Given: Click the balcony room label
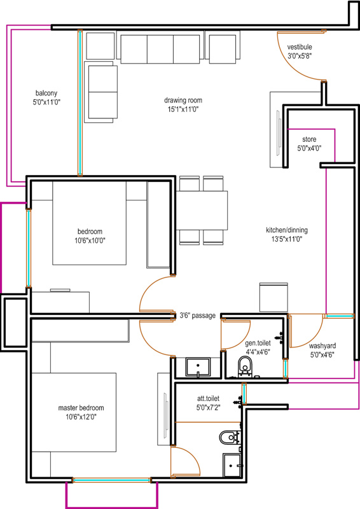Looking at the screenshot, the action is click(46, 93).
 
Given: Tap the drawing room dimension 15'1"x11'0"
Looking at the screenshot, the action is click(183, 109).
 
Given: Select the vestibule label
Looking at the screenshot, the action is click(300, 47).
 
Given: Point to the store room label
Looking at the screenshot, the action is click(309, 139).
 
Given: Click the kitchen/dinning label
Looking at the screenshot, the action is click(287, 230).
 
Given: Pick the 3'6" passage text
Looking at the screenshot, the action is click(198, 316).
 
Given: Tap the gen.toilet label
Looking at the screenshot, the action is click(258, 343).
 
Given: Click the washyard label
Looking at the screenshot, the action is click(322, 345).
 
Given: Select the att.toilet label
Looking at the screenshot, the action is click(208, 398).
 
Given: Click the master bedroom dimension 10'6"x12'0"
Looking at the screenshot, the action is click(81, 417).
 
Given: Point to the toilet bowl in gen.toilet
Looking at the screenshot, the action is click(245, 366).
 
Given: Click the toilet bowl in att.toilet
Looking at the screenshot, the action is click(230, 437).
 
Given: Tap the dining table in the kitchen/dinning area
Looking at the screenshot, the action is click(202, 211).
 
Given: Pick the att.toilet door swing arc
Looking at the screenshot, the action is click(193, 457).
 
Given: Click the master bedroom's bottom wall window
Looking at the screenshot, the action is click(111, 480).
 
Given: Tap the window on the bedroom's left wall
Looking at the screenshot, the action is click(29, 248).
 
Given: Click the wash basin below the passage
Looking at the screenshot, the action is click(198, 367).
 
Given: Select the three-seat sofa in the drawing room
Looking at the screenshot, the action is click(160, 49).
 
